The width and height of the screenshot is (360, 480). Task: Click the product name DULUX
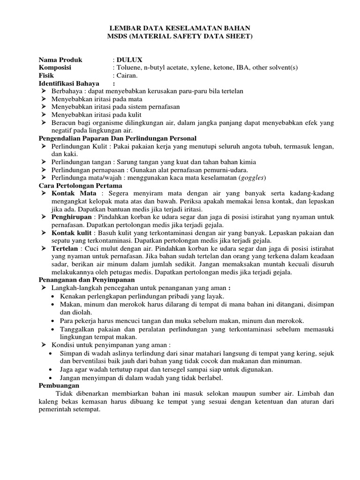point(126,60)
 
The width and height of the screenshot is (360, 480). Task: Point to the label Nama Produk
point(60,60)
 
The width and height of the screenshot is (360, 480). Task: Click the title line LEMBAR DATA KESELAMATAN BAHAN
point(180,28)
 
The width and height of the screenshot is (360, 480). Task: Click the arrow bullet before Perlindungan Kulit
point(43,146)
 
